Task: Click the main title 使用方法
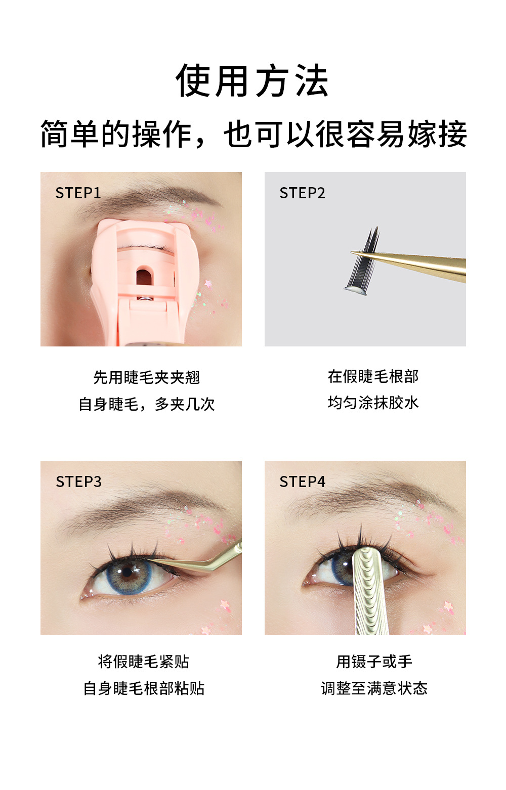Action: (x=252, y=81)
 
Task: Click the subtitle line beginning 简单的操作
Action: (x=253, y=135)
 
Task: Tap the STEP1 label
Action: (x=78, y=193)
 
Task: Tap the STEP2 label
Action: (x=302, y=193)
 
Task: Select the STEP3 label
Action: (x=78, y=481)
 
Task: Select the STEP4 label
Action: (x=302, y=481)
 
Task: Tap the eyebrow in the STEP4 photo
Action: (x=364, y=493)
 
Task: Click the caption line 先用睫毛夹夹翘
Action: (x=146, y=377)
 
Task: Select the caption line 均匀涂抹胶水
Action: (x=373, y=403)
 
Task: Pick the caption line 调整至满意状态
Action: (x=374, y=688)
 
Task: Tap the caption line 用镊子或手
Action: (x=374, y=662)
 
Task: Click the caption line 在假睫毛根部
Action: (x=373, y=376)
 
